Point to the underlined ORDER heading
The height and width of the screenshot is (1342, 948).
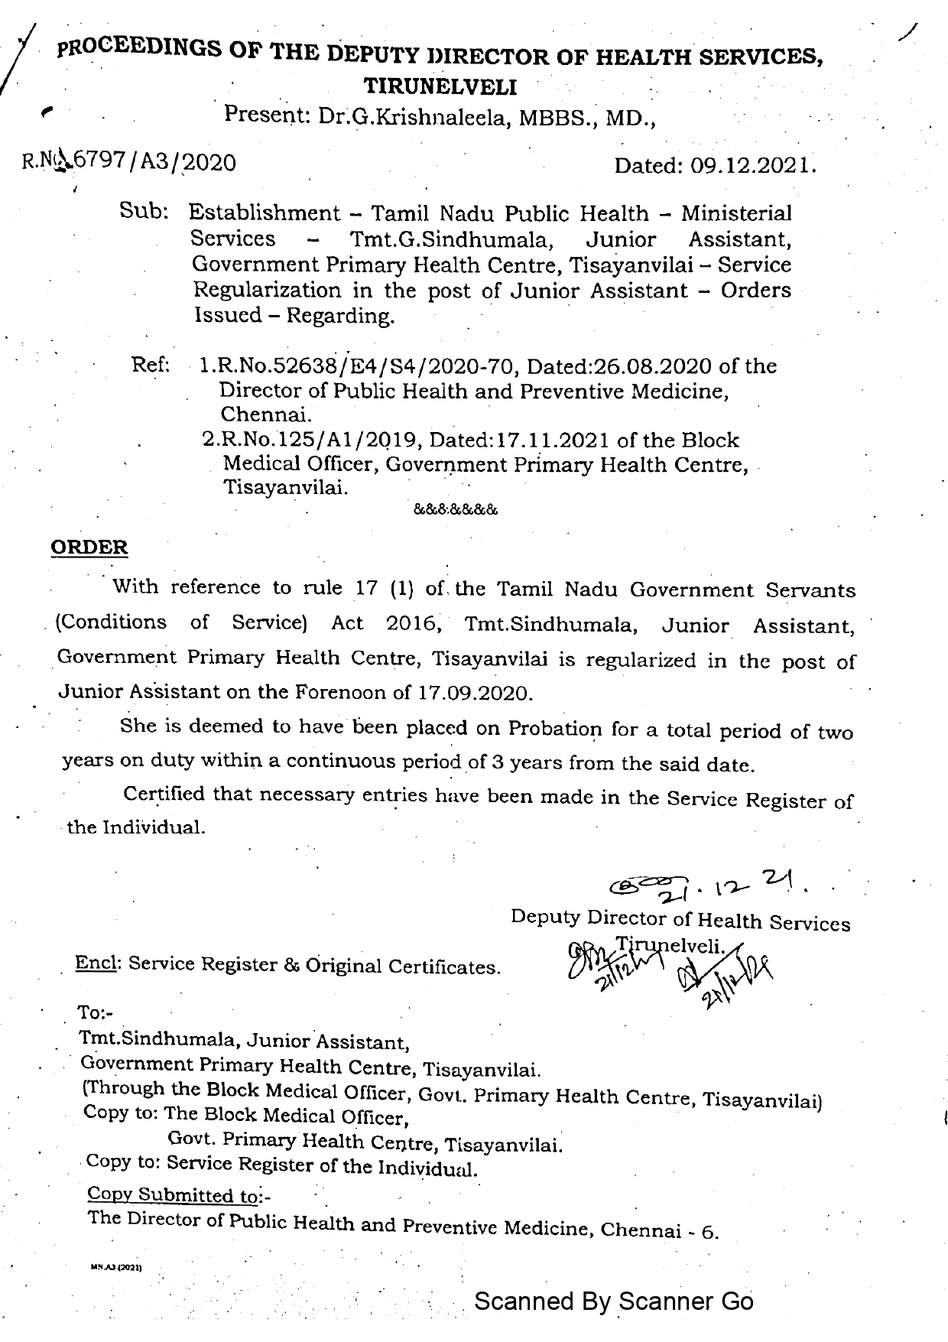click(x=89, y=547)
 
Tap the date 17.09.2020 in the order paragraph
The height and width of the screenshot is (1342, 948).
click(x=474, y=694)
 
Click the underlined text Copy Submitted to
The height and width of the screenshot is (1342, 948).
click(x=172, y=1194)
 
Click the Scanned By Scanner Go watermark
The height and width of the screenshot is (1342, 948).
click(x=614, y=1301)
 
